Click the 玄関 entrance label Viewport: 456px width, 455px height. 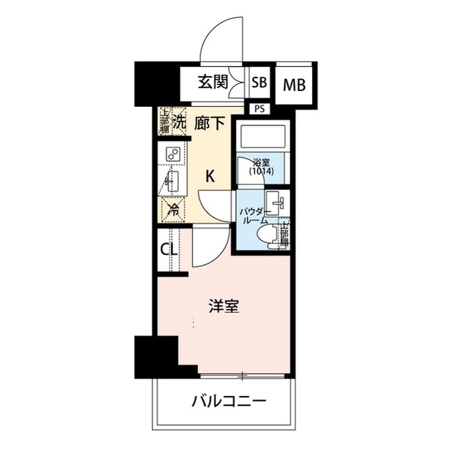pos(212,83)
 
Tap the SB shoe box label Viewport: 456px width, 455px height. pos(259,83)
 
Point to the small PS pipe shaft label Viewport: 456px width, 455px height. pos(256,109)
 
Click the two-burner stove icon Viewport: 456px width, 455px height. pos(172,154)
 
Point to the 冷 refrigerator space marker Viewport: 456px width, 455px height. pos(172,210)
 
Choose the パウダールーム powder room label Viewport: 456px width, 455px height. pos(253,216)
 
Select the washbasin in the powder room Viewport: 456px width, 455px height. pos(275,202)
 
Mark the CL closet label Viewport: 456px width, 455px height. pos(169,250)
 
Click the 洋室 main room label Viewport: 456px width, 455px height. pos(223,307)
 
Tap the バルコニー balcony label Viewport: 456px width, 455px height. pos(228,403)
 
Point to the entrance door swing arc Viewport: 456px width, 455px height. pos(221,43)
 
